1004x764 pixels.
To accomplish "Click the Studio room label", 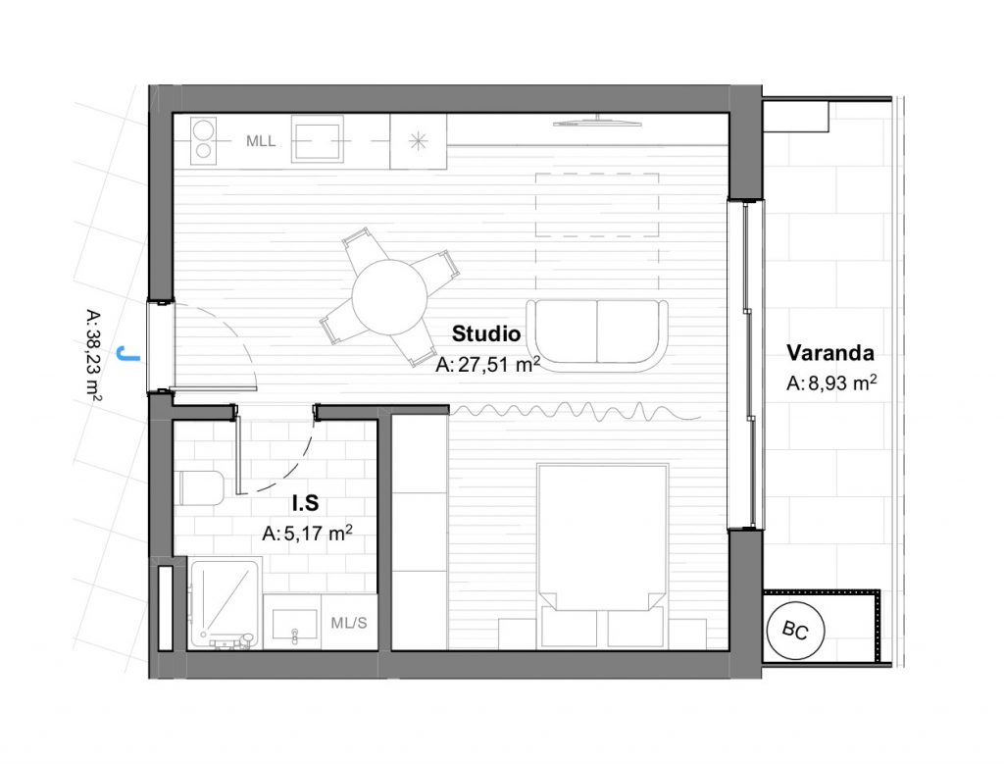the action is click(486, 333).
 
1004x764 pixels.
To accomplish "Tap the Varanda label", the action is click(829, 353).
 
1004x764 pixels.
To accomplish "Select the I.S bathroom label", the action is click(306, 504).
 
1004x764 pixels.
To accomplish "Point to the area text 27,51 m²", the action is click(488, 365).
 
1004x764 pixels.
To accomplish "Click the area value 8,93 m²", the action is click(831, 382).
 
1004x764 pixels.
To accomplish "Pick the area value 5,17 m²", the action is click(307, 533).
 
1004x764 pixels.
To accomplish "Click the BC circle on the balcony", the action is click(795, 631).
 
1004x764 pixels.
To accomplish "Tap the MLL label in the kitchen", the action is click(261, 141).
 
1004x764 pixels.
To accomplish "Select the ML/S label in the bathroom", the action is click(349, 623).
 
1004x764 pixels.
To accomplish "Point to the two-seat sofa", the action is click(597, 336).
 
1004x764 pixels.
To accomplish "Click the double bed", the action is click(603, 555).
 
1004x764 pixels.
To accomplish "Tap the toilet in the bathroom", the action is click(199, 488).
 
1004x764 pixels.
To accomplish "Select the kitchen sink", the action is click(317, 139).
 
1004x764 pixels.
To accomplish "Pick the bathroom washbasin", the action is click(295, 625).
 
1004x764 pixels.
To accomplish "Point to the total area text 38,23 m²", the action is click(93, 356).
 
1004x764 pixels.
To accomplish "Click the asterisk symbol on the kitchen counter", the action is click(418, 141).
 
